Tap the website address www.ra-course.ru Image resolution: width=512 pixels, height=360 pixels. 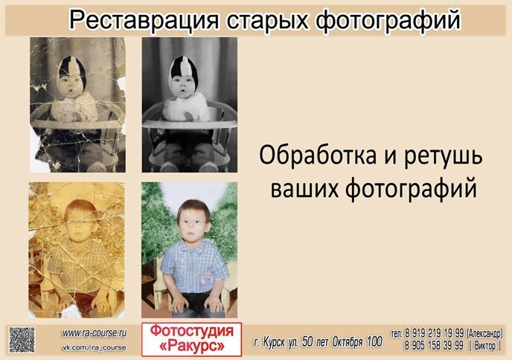(x=94, y=333)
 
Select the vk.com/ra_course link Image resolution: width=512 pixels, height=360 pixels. (x=93, y=347)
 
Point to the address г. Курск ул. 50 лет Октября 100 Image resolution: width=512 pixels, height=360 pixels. (x=318, y=342)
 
